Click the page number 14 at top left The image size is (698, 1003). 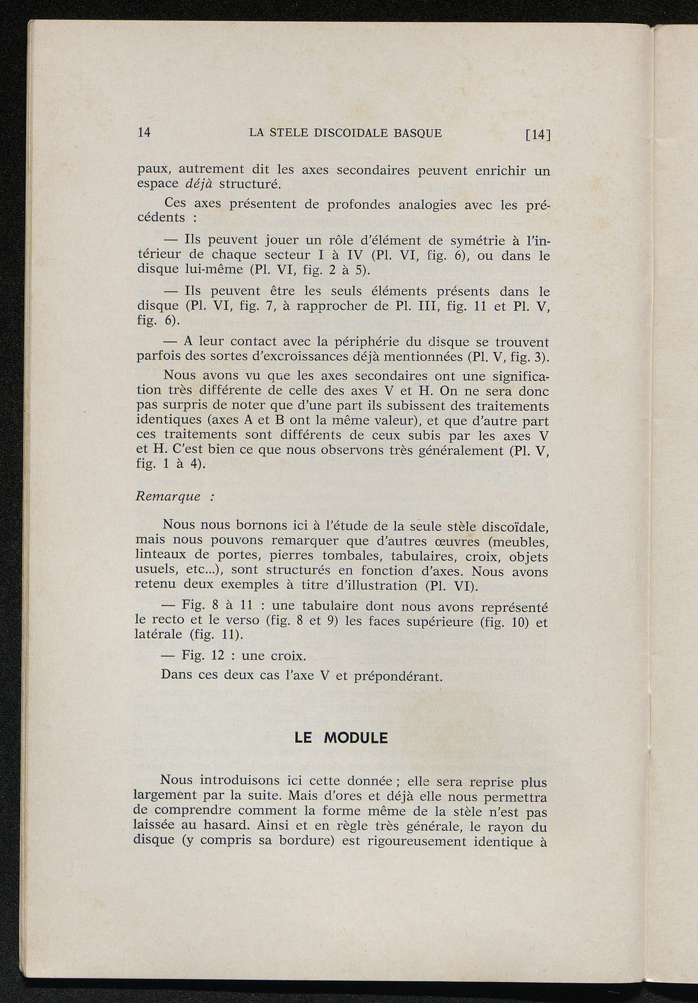[144, 132]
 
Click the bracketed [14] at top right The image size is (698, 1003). [537, 134]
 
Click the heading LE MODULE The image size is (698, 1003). [341, 738]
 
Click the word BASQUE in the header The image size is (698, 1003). [418, 133]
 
